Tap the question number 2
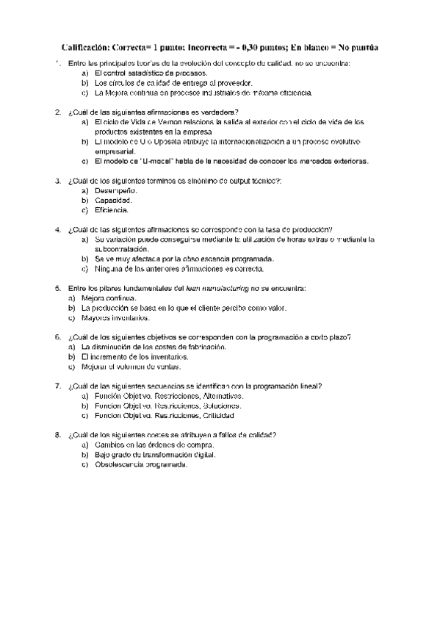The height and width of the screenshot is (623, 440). click(x=58, y=112)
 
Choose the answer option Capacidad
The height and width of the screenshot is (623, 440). click(x=114, y=200)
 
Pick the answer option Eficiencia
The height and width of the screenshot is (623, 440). click(x=112, y=209)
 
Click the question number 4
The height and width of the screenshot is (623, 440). click(x=58, y=229)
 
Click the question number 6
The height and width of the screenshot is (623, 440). click(x=58, y=337)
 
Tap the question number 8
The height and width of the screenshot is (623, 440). click(x=58, y=435)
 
